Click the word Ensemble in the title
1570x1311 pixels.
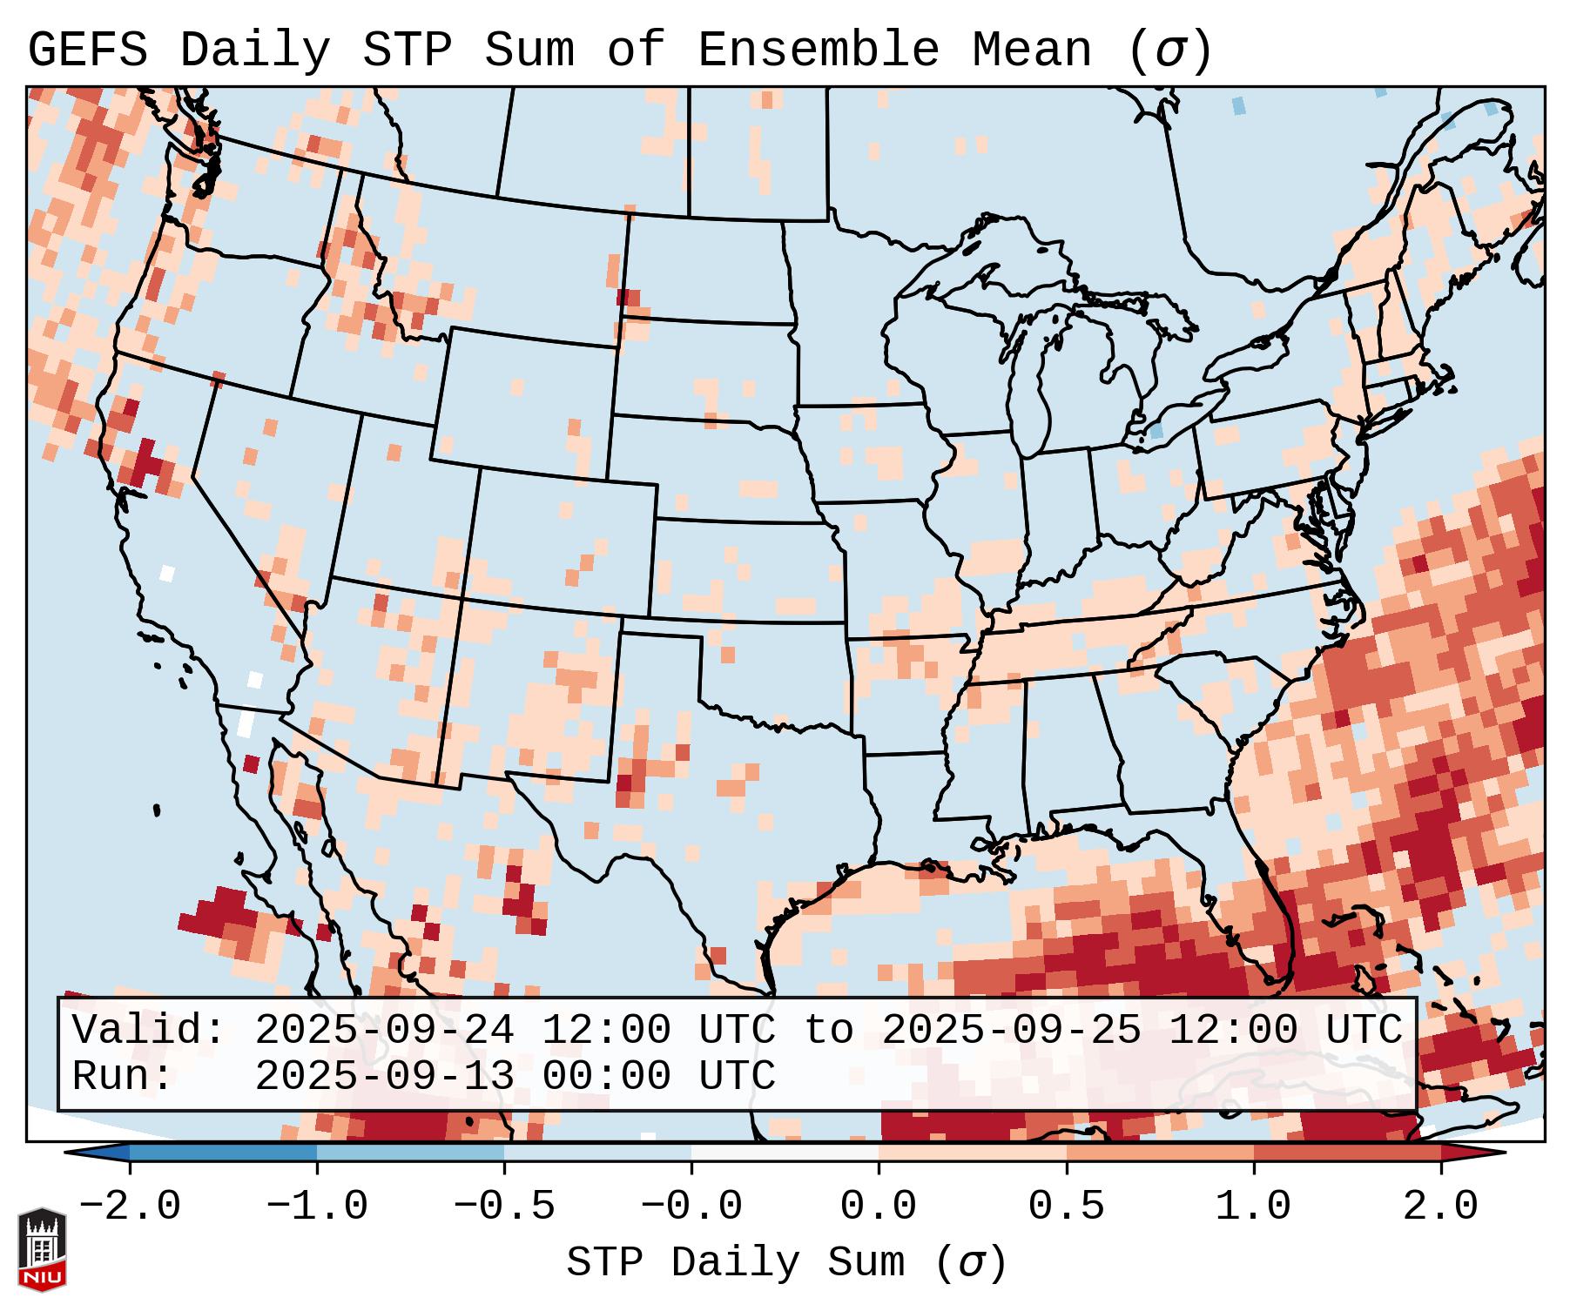pyautogui.click(x=818, y=50)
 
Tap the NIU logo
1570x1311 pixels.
pyautogui.click(x=42, y=1249)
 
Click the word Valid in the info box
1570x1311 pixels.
pyautogui.click(x=147, y=1031)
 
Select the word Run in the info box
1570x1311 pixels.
pyautogui.click(x=121, y=1077)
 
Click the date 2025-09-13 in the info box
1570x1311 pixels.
pyautogui.click(x=384, y=1077)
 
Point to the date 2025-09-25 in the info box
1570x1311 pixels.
pyautogui.click(x=1011, y=1031)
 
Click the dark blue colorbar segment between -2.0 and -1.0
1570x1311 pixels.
pyautogui.click(x=223, y=1153)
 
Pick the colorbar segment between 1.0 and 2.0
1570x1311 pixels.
pyautogui.click(x=1347, y=1153)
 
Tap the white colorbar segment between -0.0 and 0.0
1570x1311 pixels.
pyautogui.click(x=785, y=1153)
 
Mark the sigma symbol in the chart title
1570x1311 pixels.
pyautogui.click(x=1169, y=50)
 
